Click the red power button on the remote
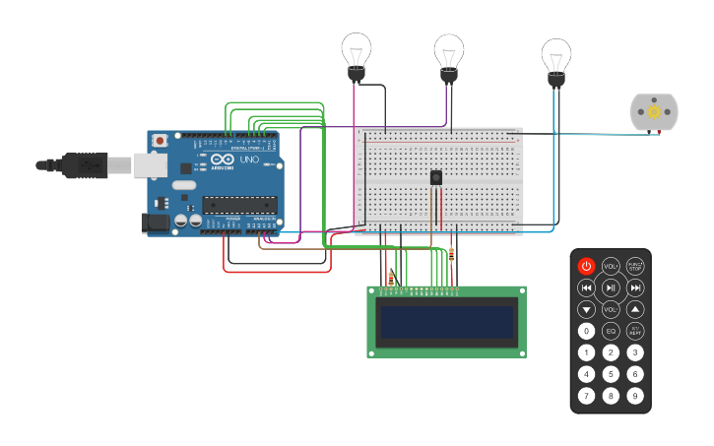coord(586,266)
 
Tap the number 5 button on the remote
coord(611,374)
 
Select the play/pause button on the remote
coord(611,287)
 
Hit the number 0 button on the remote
coord(586,331)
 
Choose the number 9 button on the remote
coord(635,396)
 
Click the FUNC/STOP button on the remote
coord(635,266)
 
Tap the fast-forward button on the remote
coord(635,287)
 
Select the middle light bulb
coord(449,53)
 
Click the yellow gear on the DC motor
coord(654,112)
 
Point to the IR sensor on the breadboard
coord(435,177)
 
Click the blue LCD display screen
coord(447,322)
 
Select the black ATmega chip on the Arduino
coord(238,205)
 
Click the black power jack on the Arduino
coord(156,224)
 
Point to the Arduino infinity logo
coord(223,160)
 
